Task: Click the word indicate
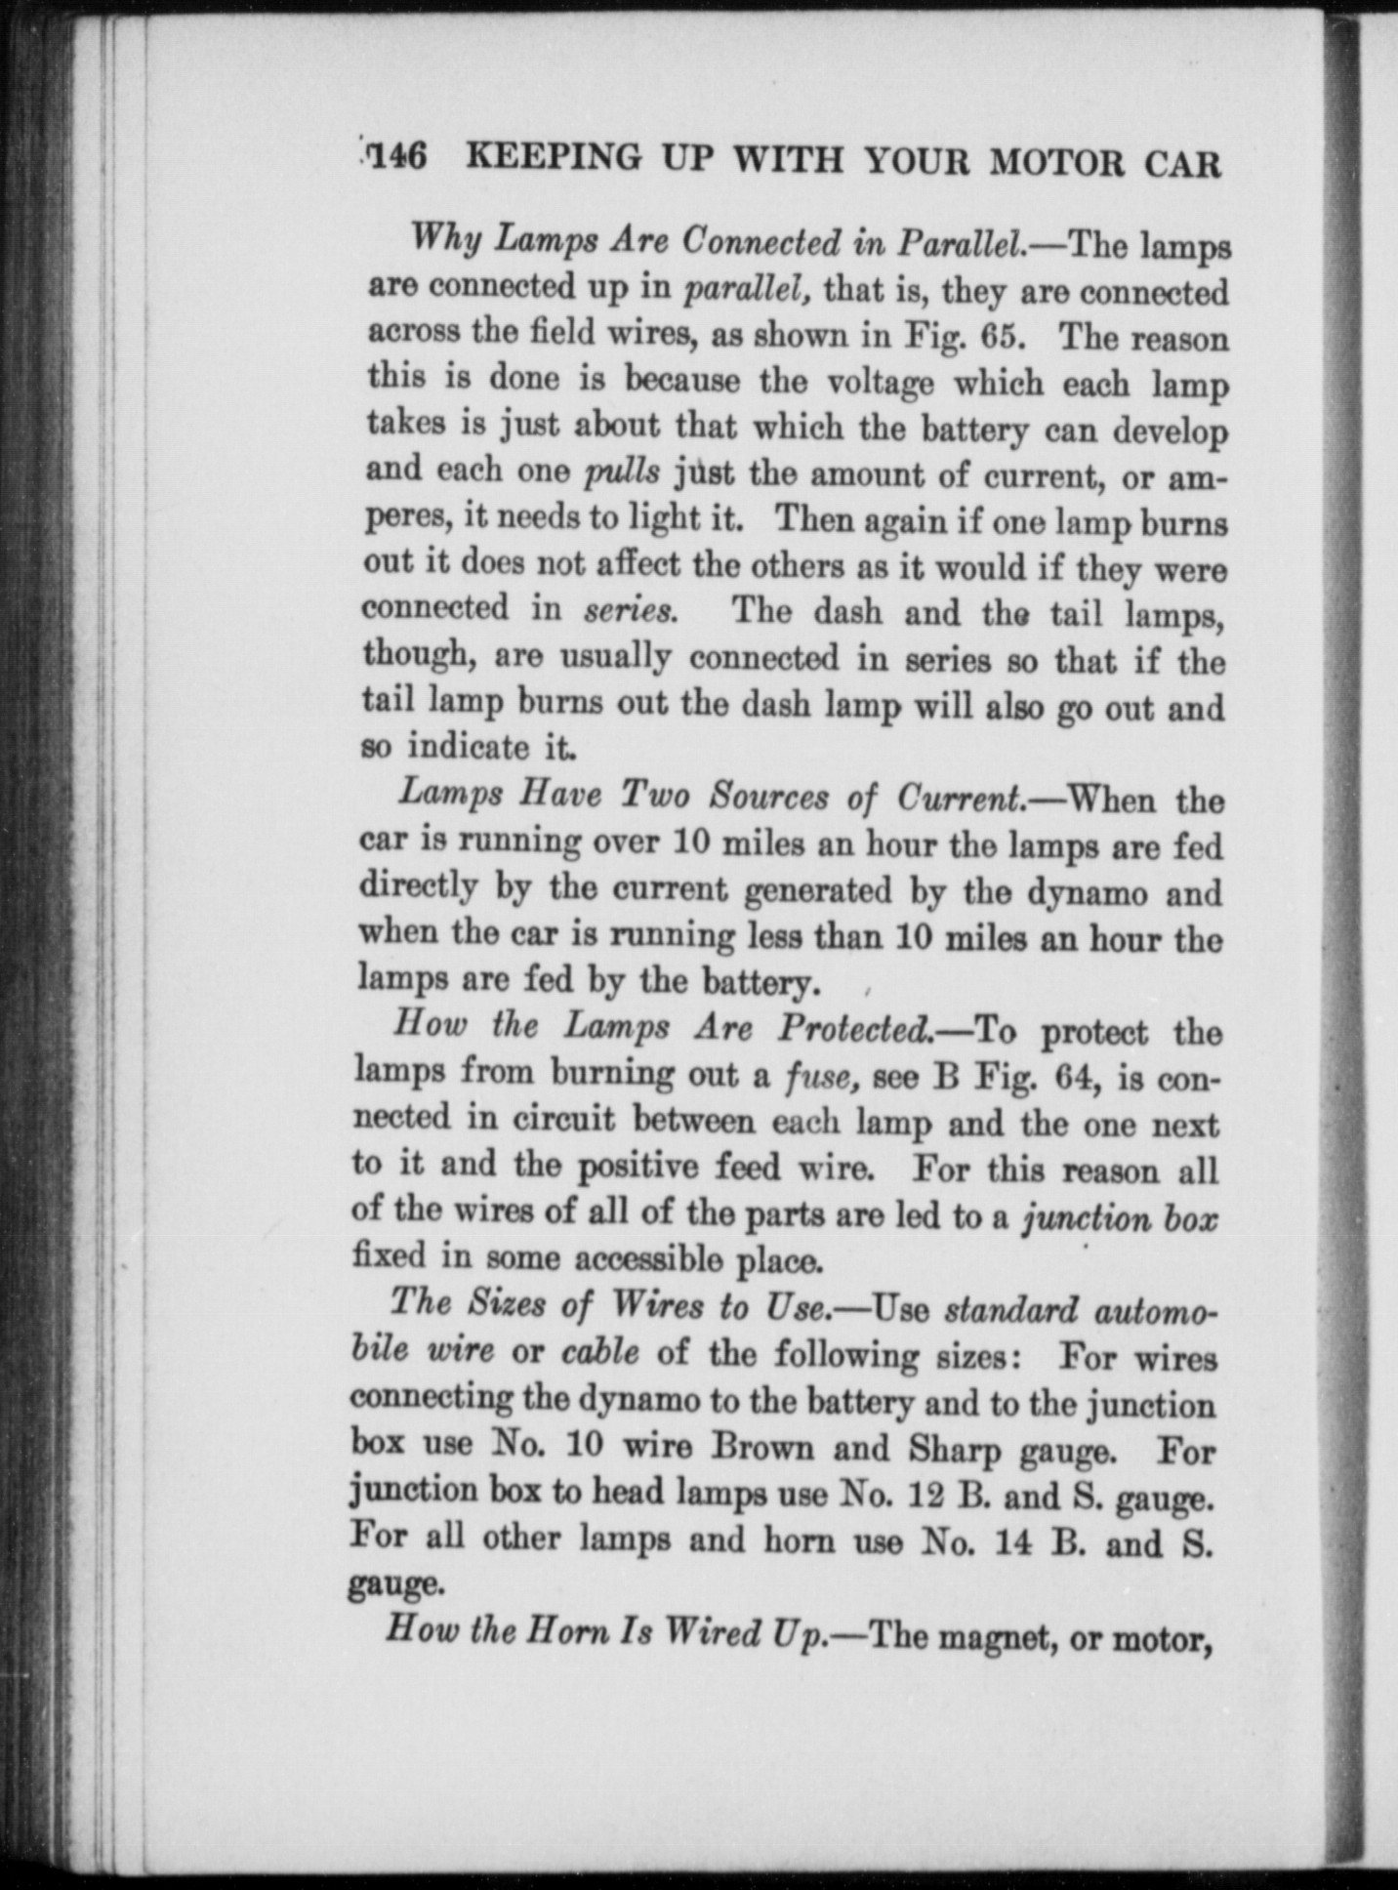[468, 747]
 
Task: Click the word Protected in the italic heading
[854, 1028]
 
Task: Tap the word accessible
[648, 1259]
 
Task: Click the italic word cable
[600, 1353]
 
